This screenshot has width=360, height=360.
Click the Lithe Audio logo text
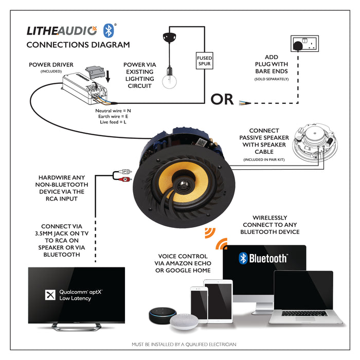point(61,30)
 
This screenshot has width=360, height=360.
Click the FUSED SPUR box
point(204,62)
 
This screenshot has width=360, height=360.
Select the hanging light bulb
point(168,80)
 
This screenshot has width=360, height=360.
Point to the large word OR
point(222,99)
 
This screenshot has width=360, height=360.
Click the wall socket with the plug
point(304,45)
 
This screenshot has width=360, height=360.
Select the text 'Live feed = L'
point(114,122)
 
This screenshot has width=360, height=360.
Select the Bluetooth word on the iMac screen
point(263,258)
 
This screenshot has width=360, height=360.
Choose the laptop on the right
point(303,298)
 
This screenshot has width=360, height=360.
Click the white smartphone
point(199,304)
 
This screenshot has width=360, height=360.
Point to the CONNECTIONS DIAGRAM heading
point(78,45)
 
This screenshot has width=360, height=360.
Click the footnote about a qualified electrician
point(184,345)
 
